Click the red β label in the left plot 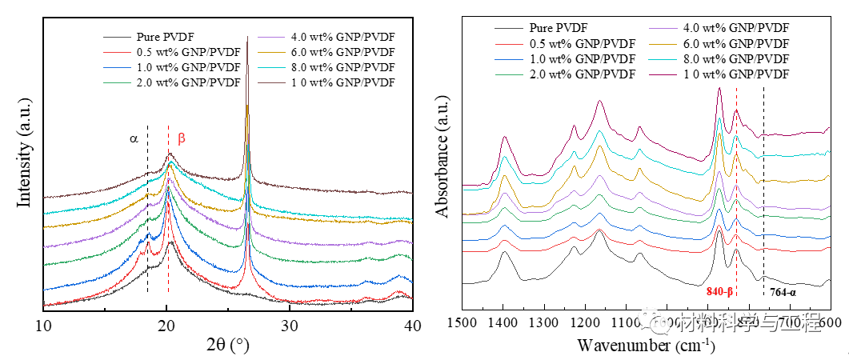coord(182,138)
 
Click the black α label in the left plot coord(134,138)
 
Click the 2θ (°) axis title coord(227,346)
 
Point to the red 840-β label coord(719,292)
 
